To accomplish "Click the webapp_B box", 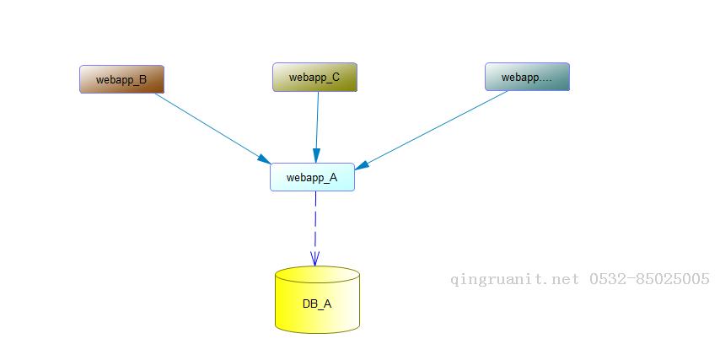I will tap(122, 79).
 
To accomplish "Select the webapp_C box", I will tap(314, 77).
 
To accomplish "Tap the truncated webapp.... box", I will tap(527, 77).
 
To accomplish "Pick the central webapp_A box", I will tap(312, 177).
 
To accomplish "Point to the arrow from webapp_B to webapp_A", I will tap(207, 125).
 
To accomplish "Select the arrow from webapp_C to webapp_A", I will tap(317, 122).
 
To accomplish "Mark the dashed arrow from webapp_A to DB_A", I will tap(315, 221).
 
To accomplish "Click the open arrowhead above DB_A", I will tap(315, 258).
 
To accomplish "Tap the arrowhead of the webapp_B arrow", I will tap(264, 159).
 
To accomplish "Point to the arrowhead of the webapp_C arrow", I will tap(316, 156).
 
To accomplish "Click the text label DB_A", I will tap(317, 304).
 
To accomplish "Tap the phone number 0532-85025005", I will tap(648, 279).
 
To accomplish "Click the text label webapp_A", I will tap(312, 177).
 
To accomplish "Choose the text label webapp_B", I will tap(121, 80).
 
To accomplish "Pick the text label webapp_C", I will tap(314, 78).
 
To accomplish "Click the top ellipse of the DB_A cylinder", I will tap(317, 275).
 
